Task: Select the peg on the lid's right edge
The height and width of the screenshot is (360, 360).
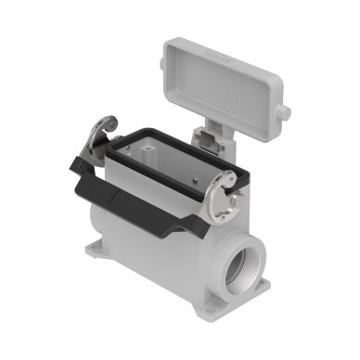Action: point(284,113)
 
